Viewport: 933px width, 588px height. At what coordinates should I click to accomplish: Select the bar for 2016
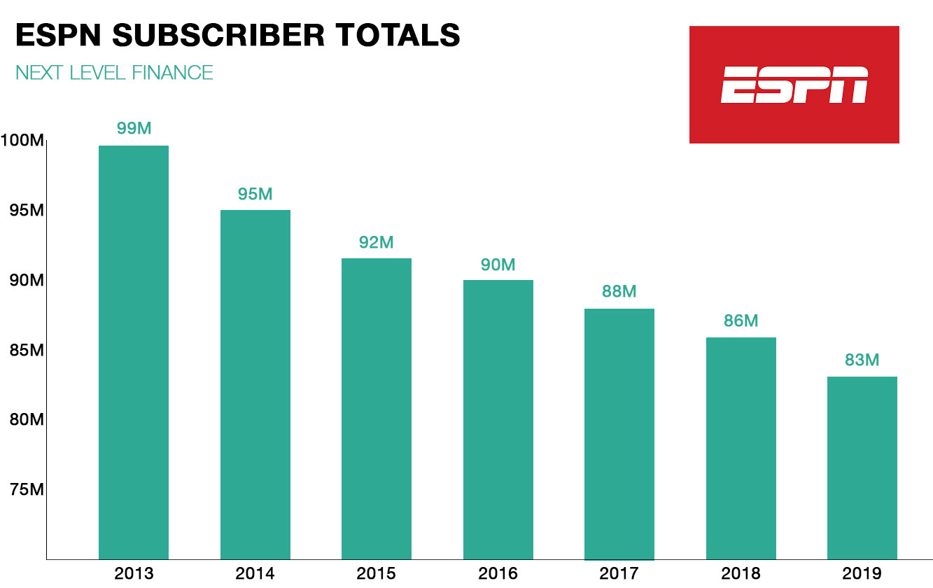click(x=498, y=419)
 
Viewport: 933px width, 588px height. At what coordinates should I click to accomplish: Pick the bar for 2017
click(x=619, y=434)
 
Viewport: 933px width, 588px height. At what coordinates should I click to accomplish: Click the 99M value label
click(x=134, y=129)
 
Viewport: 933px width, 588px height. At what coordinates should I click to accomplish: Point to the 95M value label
click(x=255, y=194)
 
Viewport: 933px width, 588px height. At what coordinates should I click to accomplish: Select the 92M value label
click(x=377, y=242)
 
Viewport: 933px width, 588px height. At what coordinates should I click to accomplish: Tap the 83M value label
click(x=862, y=360)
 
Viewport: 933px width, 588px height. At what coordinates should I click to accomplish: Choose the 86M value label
click(x=741, y=321)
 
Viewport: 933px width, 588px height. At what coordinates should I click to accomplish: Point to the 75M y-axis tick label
click(x=27, y=489)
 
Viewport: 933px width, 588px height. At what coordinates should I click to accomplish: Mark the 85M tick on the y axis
click(x=27, y=350)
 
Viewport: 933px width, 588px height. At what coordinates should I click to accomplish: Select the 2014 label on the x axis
click(x=255, y=574)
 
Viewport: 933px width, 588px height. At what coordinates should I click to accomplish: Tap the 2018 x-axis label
click(x=741, y=574)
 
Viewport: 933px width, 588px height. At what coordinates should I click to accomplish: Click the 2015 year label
click(x=377, y=574)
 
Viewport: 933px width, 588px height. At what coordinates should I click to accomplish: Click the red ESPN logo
click(x=794, y=85)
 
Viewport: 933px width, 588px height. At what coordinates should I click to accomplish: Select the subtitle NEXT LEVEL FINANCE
click(x=114, y=72)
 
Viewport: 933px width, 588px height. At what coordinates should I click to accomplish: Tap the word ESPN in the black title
click(x=58, y=36)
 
